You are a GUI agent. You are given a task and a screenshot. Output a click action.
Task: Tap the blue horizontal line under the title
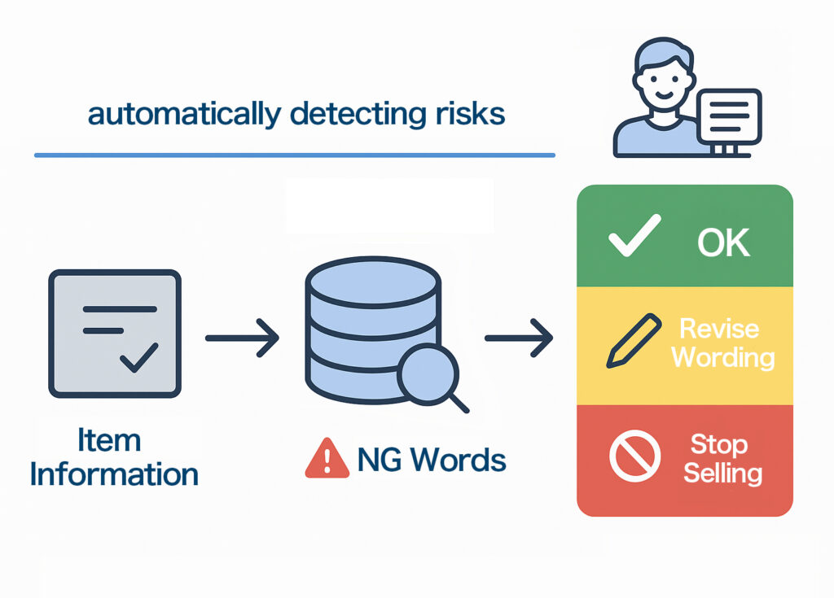pyautogui.click(x=294, y=155)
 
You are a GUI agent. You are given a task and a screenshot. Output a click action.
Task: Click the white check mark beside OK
pyautogui.click(x=634, y=236)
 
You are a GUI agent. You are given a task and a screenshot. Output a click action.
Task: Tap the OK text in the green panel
pyautogui.click(x=723, y=242)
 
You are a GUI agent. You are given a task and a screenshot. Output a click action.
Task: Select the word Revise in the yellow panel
pyautogui.click(x=718, y=329)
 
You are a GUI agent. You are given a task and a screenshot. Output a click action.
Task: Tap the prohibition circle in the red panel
pyautogui.click(x=633, y=459)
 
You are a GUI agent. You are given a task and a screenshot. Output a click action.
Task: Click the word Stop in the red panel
pyautogui.click(x=718, y=445)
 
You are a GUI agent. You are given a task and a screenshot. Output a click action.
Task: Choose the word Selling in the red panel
pyautogui.click(x=722, y=474)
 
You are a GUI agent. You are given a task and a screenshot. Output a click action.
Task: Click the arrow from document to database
pyautogui.click(x=242, y=337)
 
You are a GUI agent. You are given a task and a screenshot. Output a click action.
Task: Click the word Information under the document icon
pyautogui.click(x=114, y=474)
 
